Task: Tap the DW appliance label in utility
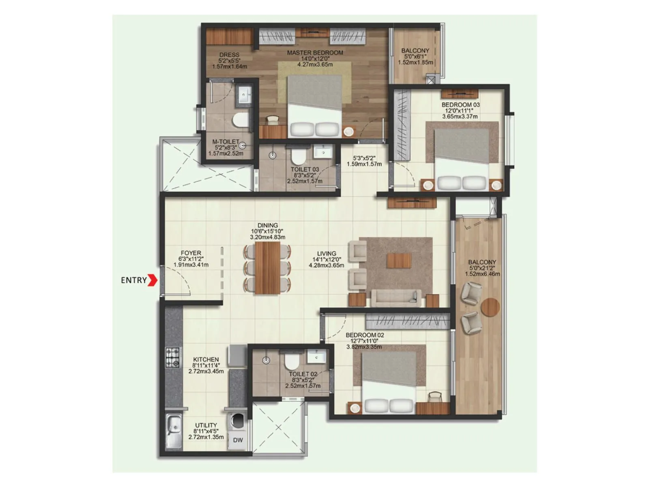[238, 440]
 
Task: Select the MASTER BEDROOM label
[315, 53]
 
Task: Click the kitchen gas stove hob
[172, 358]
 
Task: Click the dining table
[268, 268]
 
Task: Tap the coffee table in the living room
[399, 261]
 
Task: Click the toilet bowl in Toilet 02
[291, 361]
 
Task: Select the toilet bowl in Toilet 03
[298, 155]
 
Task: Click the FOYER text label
[191, 253]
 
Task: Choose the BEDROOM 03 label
[460, 105]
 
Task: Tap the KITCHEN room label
[206, 360]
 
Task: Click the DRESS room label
[229, 55]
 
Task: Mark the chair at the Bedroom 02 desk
[434, 396]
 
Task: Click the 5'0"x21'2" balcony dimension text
[482, 268]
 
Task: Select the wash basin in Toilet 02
[316, 357]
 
